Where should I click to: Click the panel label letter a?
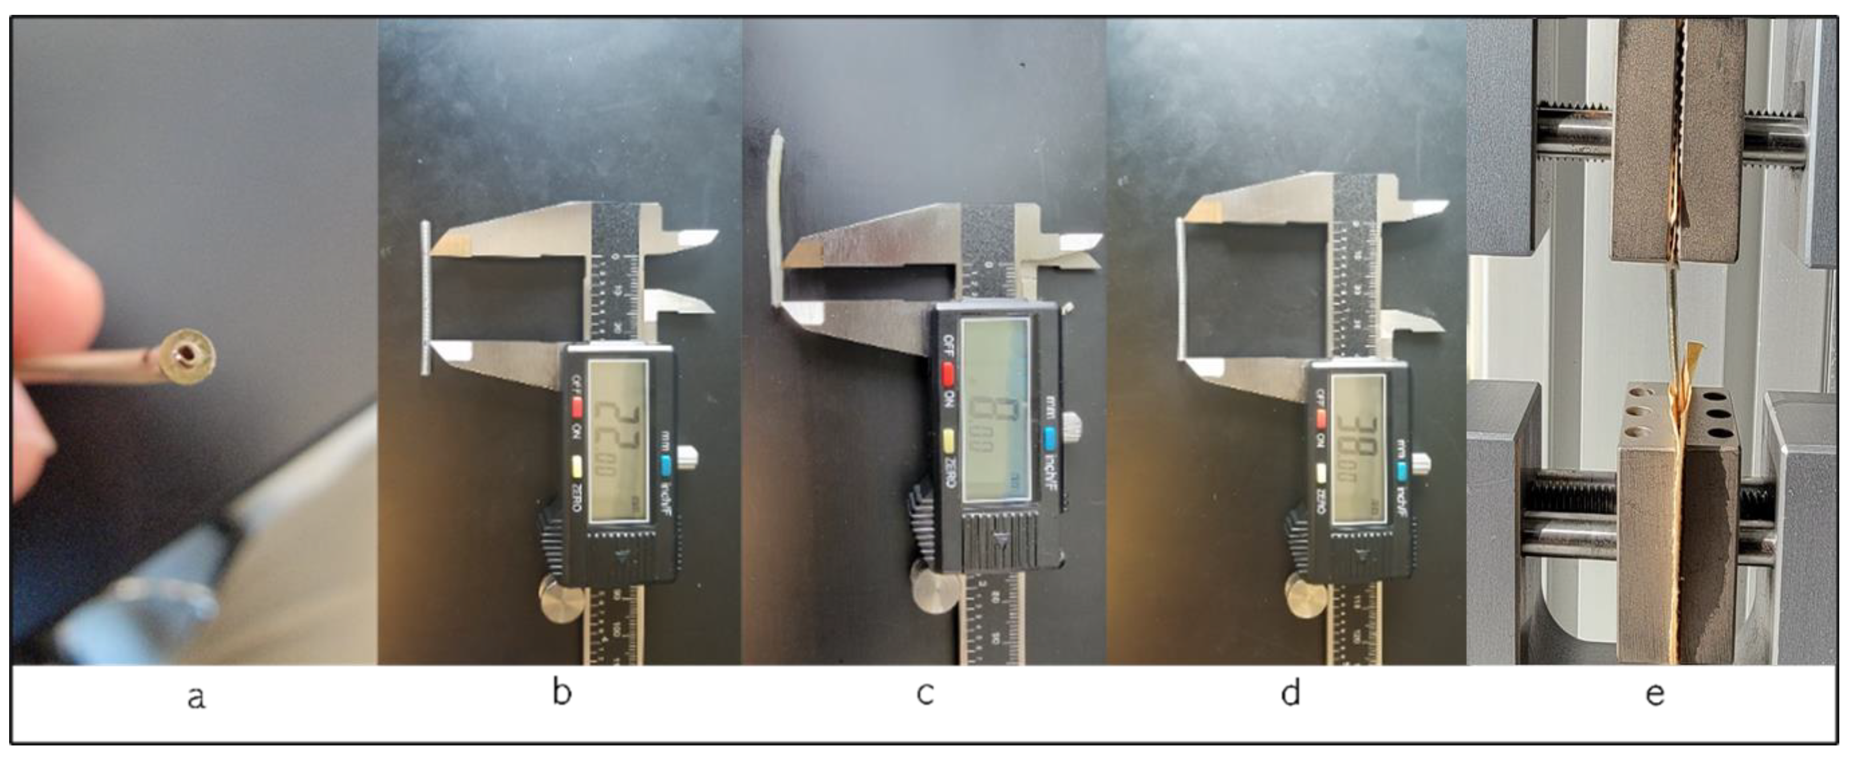(x=196, y=696)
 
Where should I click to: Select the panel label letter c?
(x=925, y=694)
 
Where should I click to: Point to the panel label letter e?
(x=1655, y=694)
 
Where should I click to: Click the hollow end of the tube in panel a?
(x=188, y=354)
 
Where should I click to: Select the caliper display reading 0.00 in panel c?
(x=995, y=410)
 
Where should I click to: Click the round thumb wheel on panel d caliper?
(x=1308, y=597)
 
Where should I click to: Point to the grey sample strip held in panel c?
(x=776, y=216)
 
